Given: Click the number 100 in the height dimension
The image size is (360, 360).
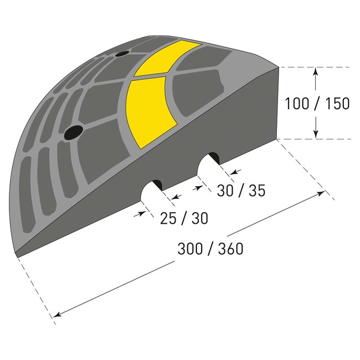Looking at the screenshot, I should (296, 104).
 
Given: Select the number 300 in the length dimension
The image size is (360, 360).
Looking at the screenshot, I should (190, 249).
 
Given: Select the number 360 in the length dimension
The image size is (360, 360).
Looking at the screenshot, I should (230, 249).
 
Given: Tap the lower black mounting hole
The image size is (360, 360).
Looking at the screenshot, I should (73, 132).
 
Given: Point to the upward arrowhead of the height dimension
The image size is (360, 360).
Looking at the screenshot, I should (315, 71).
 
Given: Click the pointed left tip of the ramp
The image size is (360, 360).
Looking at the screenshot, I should (17, 255).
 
